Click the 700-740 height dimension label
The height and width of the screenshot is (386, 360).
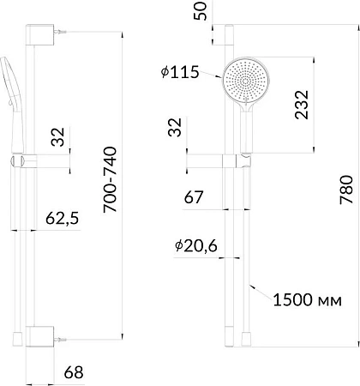click(111, 179)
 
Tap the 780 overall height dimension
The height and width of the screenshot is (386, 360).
click(346, 190)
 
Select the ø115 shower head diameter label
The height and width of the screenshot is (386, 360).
click(180, 72)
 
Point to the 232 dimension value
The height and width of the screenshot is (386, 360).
click(302, 105)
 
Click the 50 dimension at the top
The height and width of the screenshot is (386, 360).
click(201, 11)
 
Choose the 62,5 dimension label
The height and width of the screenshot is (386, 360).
click(62, 218)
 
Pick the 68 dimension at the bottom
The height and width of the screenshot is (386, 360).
click(74, 372)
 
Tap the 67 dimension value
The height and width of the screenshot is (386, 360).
click(194, 197)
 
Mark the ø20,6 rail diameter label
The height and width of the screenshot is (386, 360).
click(196, 246)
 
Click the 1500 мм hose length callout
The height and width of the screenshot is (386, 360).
click(308, 300)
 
